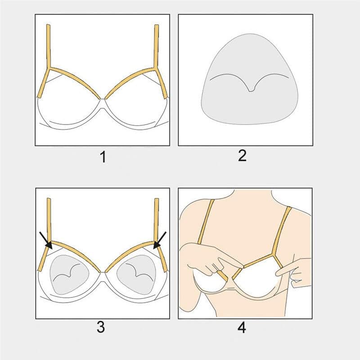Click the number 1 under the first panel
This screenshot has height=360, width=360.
103,157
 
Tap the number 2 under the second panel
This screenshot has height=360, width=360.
242,155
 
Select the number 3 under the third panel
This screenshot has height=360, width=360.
101,327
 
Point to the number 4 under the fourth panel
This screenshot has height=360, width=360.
242,328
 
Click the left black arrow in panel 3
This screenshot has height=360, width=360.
46,240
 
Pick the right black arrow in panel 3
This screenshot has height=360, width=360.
160,240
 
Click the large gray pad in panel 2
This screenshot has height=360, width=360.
250,79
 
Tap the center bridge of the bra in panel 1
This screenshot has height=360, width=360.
103,99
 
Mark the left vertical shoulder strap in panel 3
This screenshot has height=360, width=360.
49,220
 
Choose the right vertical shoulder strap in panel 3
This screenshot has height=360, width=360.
156,220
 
